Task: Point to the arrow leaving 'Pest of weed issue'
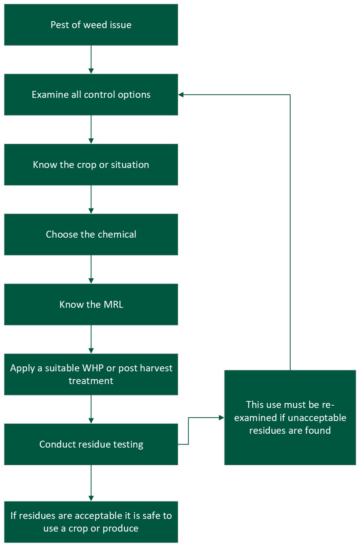point(91,59)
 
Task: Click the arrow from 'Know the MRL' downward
point(91,339)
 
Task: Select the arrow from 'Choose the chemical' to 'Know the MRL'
point(91,269)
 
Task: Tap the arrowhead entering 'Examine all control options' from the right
point(181,95)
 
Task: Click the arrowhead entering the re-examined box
point(221,418)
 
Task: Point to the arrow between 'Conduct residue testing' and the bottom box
point(91,483)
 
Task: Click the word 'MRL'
point(114,305)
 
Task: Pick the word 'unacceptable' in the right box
point(317,418)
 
